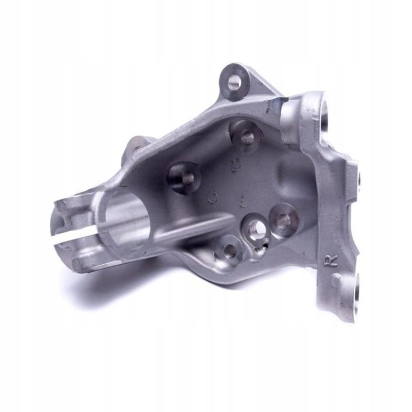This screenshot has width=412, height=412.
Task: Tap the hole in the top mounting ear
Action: coord(234,82)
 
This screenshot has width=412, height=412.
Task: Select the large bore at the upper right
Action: coord(326,113)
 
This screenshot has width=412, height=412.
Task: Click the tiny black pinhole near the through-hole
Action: coord(266,246)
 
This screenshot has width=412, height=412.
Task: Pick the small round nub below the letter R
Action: coord(336,279)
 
